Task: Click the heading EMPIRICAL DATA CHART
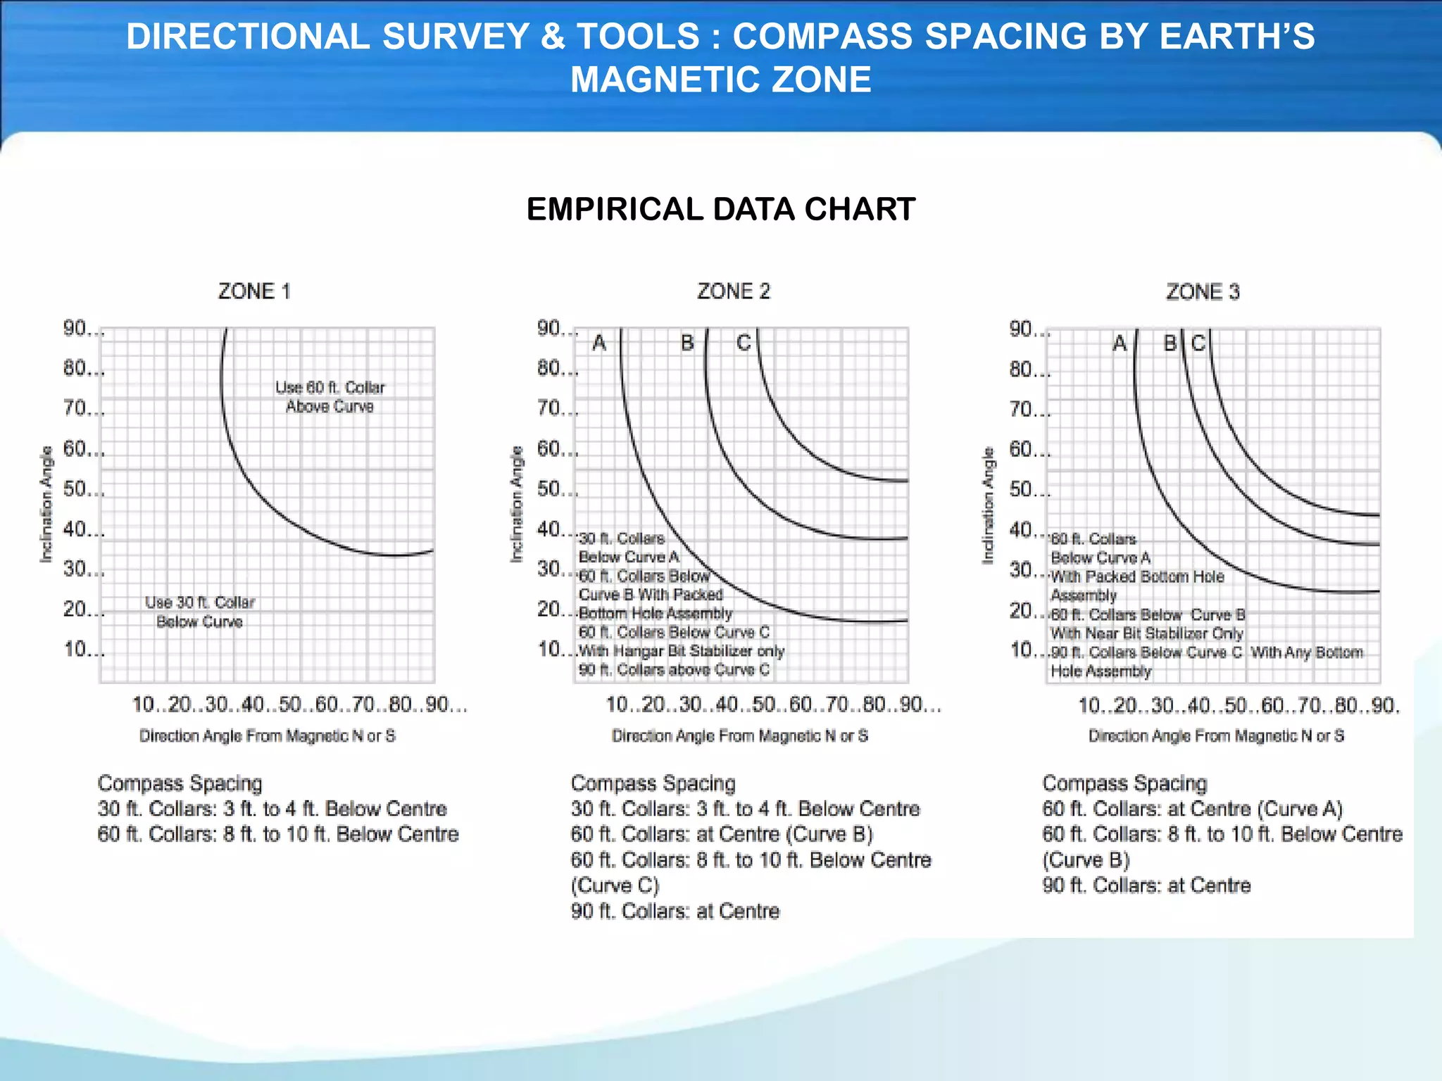pos(720,210)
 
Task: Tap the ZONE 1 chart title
pos(253,291)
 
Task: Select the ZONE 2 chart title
pos(734,291)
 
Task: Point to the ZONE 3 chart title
pos(1203,292)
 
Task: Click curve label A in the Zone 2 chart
pos(599,343)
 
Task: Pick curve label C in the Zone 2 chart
pos(744,343)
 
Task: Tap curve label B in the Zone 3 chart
pos(1170,343)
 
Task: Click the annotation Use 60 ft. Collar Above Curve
pos(330,397)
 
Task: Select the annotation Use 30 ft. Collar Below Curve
pos(200,612)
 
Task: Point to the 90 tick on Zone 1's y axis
pos(76,329)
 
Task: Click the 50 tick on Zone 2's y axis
pos(550,489)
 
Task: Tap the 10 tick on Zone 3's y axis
pos(1022,650)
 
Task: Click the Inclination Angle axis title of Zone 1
pos(46,504)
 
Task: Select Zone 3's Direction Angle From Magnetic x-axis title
pos(1216,736)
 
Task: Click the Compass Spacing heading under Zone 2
pos(653,783)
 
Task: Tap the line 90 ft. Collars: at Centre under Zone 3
pos(1146,885)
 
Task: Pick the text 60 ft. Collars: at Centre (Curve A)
pos(1192,809)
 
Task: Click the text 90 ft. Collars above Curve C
pos(674,670)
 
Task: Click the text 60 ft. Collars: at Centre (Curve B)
pos(722,835)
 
